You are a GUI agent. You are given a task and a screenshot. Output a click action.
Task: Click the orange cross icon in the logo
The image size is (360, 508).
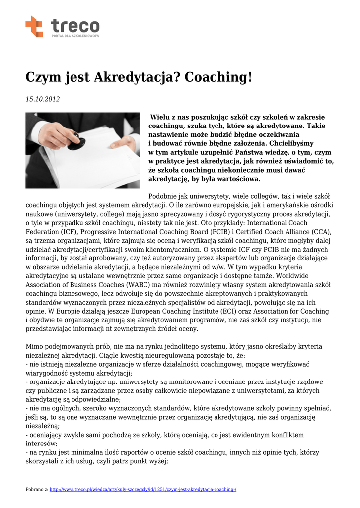pos(34,26)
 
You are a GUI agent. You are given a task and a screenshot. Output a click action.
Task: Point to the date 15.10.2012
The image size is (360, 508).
pos(43,99)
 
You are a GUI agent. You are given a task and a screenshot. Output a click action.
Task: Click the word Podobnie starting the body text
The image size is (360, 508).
pos(166,196)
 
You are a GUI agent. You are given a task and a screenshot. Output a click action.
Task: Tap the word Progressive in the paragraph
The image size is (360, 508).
pos(102,232)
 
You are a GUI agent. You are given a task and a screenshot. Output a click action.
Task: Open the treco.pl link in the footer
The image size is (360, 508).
pos(143,490)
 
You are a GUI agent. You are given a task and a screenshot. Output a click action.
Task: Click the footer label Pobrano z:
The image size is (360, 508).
pos(37,490)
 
